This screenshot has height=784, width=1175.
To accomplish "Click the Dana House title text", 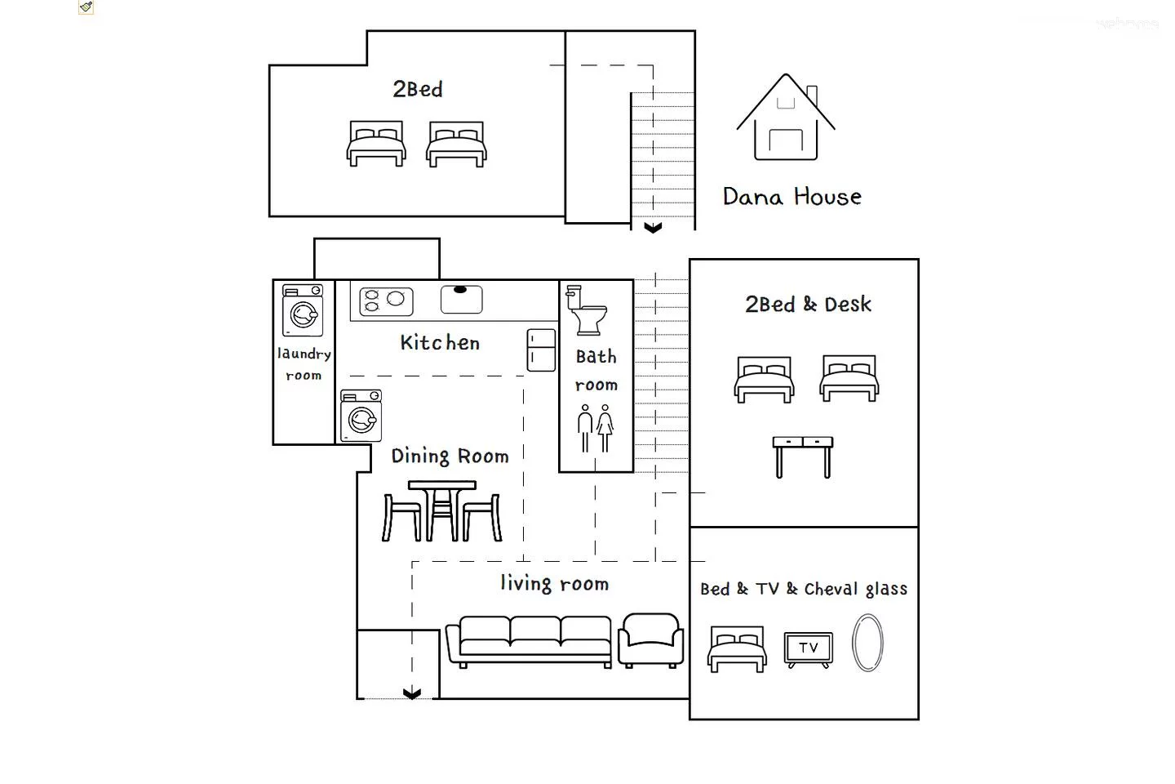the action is pos(792,197).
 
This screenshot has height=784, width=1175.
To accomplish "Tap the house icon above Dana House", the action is pos(786,126).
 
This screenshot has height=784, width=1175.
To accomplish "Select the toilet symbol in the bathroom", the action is pos(587,310).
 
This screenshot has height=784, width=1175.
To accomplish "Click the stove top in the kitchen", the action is pos(386,301).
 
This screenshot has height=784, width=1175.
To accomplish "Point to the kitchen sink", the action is pos(461,300).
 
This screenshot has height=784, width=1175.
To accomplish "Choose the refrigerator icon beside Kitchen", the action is pos(541,350).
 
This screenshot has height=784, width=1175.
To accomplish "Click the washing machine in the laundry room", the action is pos(303,310).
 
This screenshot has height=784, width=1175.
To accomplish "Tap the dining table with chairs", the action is pos(442,511).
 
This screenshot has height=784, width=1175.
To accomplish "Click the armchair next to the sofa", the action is pos(650,640).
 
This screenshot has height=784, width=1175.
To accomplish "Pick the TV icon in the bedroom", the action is pos(809,650).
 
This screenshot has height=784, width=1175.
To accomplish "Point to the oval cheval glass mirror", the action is pos(867,643).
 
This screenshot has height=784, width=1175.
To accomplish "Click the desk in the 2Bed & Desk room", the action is pos(803,457).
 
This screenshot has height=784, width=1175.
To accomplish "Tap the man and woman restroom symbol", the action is pos(596,429).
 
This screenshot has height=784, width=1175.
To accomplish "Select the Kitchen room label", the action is pos(440,343).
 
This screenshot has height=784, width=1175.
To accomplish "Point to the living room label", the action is pos(555,583).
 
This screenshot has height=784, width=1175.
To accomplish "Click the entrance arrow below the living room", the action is pos(412,694).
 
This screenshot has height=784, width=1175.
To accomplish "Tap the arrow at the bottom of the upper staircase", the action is pos(653,227).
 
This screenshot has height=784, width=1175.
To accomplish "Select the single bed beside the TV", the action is pos(737,649).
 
